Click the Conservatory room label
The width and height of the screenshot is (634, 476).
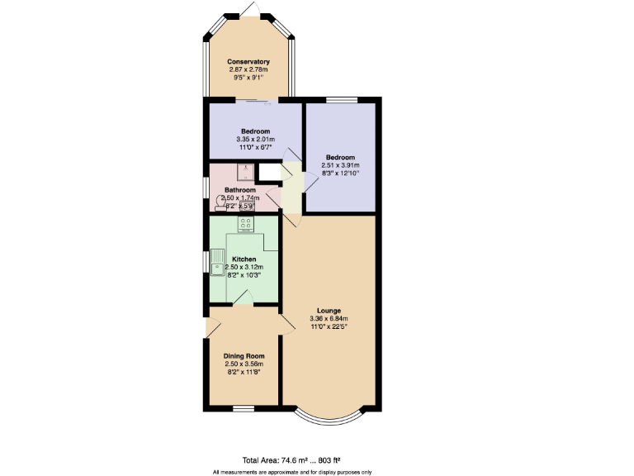[x=248, y=62]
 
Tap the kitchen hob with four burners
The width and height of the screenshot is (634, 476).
[x=246, y=224]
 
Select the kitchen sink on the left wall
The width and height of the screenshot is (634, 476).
[x=218, y=262]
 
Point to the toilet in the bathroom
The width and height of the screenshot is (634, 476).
[x=221, y=203]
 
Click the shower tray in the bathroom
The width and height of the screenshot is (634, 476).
[x=245, y=172]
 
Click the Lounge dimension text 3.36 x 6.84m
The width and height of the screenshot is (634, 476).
[x=329, y=318]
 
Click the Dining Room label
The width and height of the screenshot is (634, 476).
[x=244, y=356]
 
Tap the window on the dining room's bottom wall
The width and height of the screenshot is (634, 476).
[x=244, y=408]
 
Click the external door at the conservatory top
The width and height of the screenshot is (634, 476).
[x=250, y=7]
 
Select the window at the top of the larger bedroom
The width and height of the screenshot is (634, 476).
[x=341, y=101]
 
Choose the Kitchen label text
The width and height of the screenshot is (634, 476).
[x=244, y=259]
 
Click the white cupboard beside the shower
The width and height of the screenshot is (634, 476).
[x=268, y=173]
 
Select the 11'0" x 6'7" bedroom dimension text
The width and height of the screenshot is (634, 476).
[x=256, y=147]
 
